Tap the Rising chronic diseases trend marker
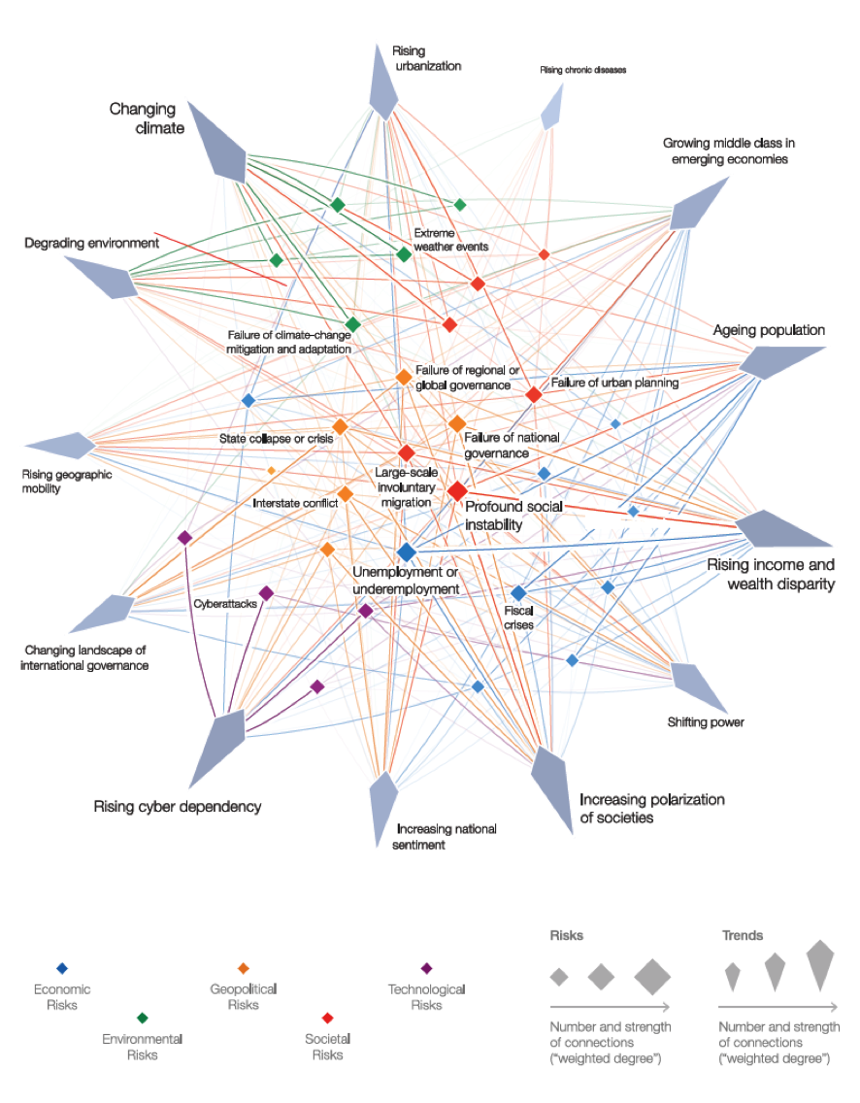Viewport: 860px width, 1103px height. [551, 109]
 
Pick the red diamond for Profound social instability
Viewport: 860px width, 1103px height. [457, 491]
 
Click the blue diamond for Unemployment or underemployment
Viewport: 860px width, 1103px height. [407, 551]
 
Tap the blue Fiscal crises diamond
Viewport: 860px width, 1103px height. [518, 593]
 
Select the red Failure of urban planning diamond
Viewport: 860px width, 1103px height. [533, 395]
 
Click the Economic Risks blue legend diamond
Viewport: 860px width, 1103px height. [62, 968]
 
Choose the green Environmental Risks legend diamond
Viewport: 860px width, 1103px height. [143, 1018]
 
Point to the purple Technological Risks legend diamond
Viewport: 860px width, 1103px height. [426, 968]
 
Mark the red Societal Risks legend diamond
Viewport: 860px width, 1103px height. [327, 1018]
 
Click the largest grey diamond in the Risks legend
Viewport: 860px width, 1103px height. [652, 977]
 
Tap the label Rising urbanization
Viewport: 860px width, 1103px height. [426, 58]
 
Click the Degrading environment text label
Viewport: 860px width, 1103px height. [91, 243]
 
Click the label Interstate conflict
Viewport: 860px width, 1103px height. [294, 503]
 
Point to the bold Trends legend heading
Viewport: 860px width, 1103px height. [743, 936]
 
